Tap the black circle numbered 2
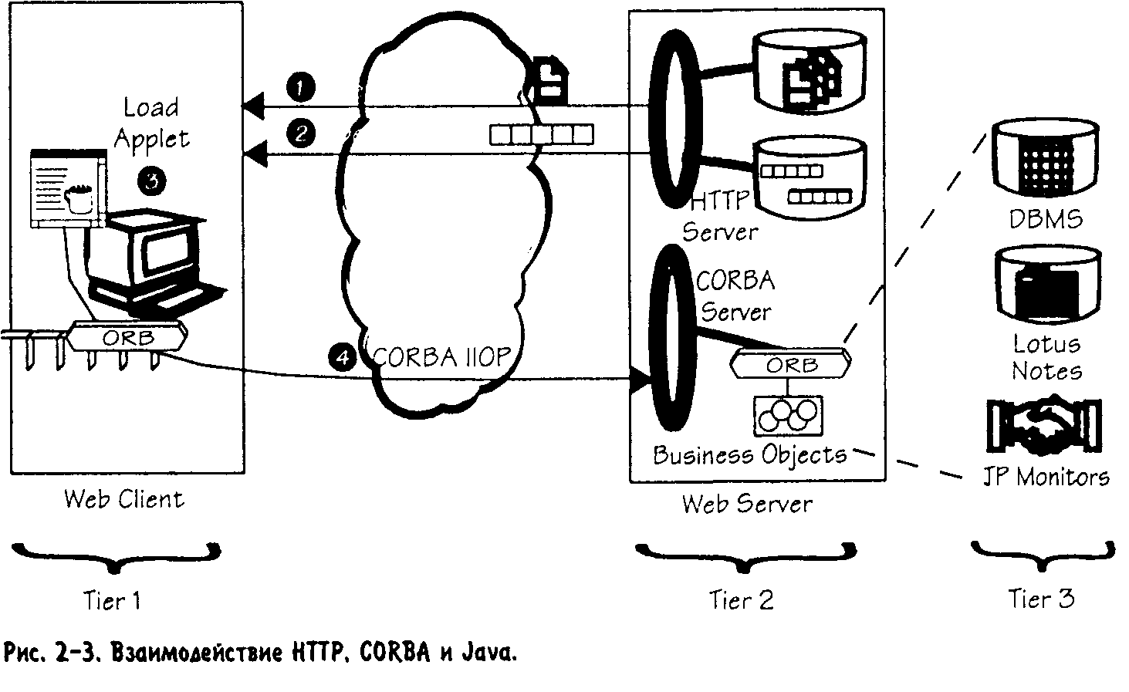click(x=300, y=133)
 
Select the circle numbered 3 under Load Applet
click(x=152, y=180)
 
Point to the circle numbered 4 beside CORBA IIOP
click(x=342, y=356)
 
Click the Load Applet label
click(x=151, y=123)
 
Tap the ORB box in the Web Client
click(x=127, y=337)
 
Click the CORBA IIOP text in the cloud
click(x=441, y=357)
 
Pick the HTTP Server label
click(x=719, y=217)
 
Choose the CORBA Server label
click(x=735, y=295)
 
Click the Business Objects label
click(x=749, y=454)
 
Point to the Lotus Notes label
click(x=1046, y=357)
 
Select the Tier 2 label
click(x=741, y=599)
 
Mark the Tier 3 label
click(x=1041, y=599)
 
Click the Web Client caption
click(x=124, y=498)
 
